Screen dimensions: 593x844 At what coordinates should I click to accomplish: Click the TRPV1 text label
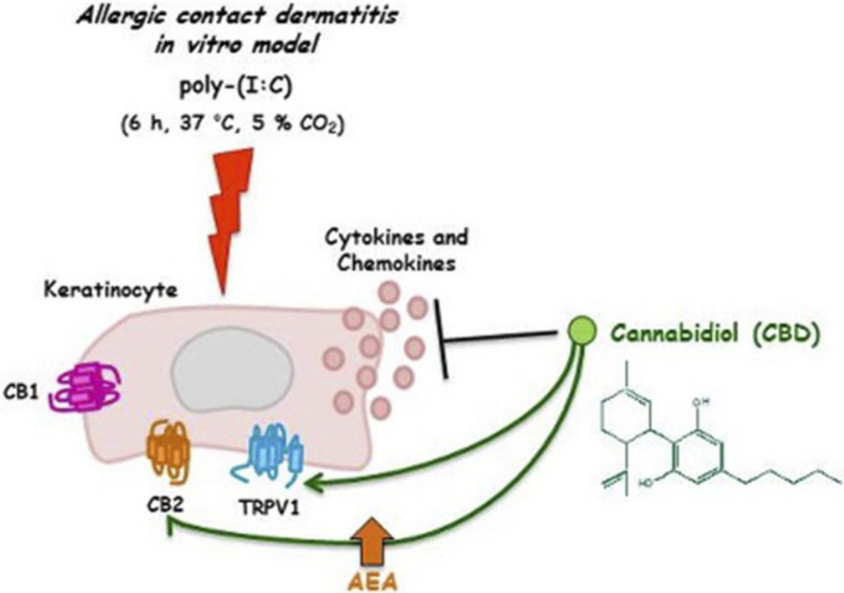tap(269, 508)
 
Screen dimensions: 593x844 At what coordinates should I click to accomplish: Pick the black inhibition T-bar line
tap(503, 334)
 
